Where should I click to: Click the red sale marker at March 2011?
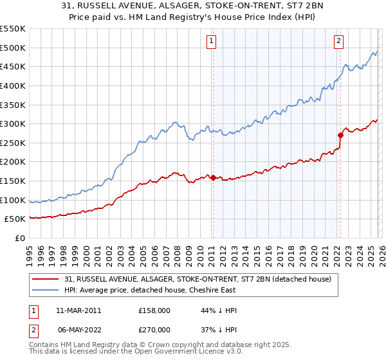(x=213, y=178)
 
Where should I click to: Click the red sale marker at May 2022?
(x=340, y=135)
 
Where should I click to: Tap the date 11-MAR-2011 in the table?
(x=78, y=310)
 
